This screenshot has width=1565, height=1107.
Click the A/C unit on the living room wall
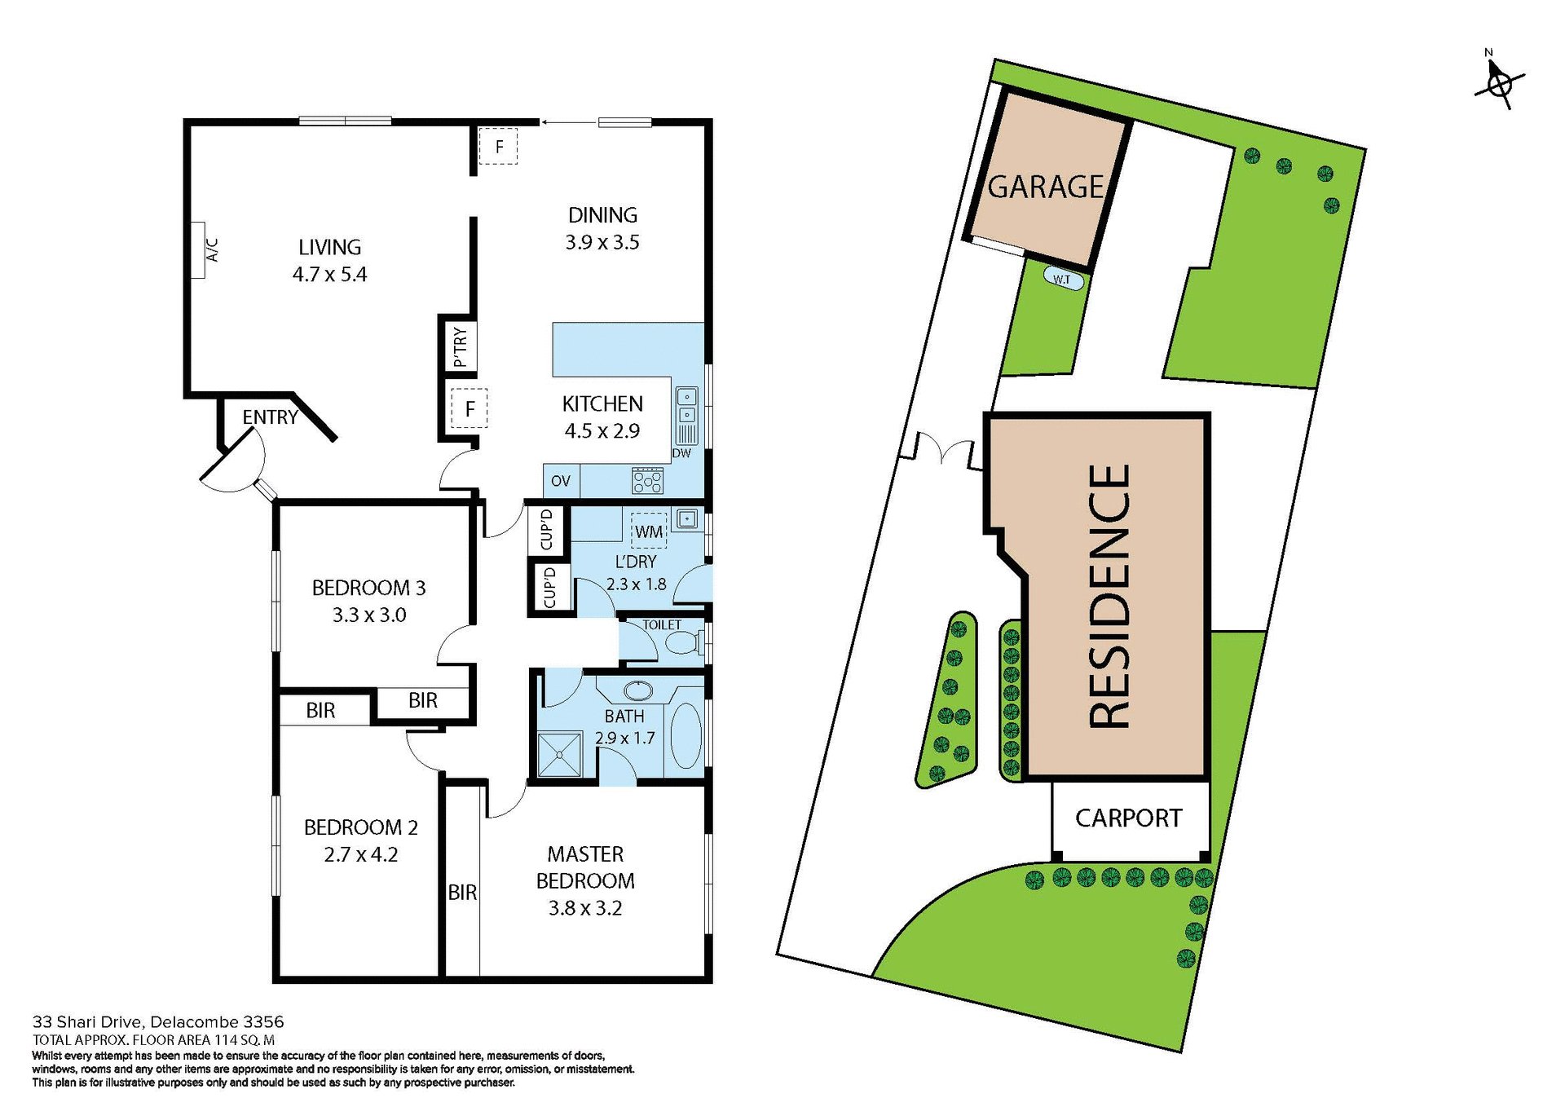click(x=198, y=251)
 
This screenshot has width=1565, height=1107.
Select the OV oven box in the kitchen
click(x=561, y=481)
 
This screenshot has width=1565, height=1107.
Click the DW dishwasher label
click(x=681, y=453)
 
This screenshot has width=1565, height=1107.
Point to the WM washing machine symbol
click(x=649, y=531)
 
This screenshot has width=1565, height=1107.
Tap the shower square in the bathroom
click(x=560, y=755)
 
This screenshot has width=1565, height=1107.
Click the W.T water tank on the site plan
click(x=1063, y=280)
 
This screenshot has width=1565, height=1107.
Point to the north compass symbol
click(x=1500, y=83)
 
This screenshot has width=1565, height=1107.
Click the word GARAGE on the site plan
click(x=1046, y=187)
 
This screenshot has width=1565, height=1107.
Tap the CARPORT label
click(x=1128, y=818)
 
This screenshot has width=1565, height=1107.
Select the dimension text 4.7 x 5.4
click(x=329, y=275)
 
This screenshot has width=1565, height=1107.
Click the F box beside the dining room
click(x=498, y=148)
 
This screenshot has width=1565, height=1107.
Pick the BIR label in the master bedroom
click(x=462, y=893)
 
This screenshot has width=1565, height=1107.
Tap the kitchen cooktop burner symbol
click(x=648, y=481)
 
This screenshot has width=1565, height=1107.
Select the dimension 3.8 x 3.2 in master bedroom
click(x=584, y=908)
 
